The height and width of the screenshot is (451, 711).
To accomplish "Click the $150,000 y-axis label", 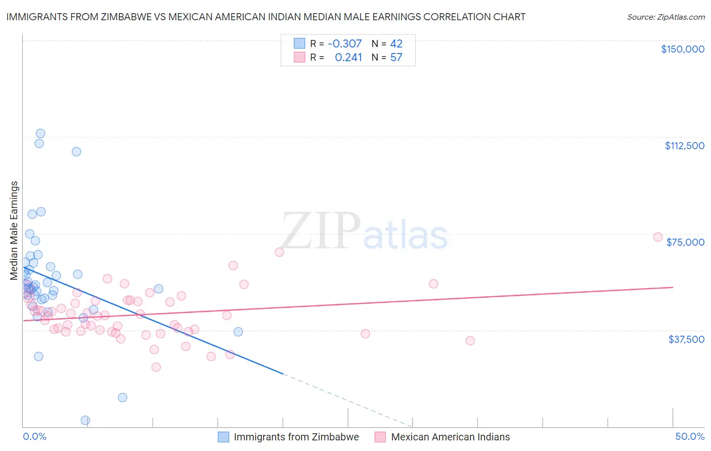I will coord(682,49).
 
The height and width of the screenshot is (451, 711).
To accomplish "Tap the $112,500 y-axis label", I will coord(684,146).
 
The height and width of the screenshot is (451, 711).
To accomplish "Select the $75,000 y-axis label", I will coord(685,242).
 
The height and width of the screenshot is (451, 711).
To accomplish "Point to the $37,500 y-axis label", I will coord(686,339).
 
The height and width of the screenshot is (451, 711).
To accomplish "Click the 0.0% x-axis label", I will coord(34,436).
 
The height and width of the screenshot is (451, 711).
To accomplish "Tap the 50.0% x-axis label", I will coord(690,436).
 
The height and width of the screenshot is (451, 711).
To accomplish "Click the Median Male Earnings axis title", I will coord(14,230).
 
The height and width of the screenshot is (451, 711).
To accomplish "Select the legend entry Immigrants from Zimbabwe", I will coord(296,437).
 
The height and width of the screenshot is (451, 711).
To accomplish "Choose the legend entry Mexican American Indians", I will coord(450,437).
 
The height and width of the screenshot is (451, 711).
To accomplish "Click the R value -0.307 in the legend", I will coord(344,43).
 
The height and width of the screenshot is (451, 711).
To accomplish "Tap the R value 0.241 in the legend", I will coord(348,57).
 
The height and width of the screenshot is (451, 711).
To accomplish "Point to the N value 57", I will coord(396,57).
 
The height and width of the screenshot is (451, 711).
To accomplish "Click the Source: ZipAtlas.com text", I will coord(665,17).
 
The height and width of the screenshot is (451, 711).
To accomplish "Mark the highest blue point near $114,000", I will coord(40,133).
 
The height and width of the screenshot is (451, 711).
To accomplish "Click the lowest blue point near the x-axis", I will coord(85,420).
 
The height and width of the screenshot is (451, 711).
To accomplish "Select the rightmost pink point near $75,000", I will coord(658,237).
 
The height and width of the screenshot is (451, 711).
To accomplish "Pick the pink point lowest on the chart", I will coord(156,367).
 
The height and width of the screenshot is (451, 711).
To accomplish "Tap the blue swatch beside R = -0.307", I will coord(299,43).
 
